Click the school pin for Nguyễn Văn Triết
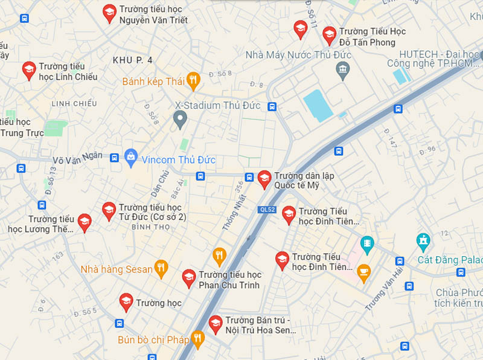[x=109, y=13]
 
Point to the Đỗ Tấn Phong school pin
[x=329, y=35]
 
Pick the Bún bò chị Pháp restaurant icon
[x=197, y=338]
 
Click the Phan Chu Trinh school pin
[x=189, y=278]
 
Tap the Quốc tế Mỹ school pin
[x=264, y=179]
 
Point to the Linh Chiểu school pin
[x=28, y=70]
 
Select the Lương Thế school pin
[x=85, y=222]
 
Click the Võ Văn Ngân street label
[x=78, y=158]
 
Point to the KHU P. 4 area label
[x=133, y=60]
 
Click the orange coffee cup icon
[x=363, y=273]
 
